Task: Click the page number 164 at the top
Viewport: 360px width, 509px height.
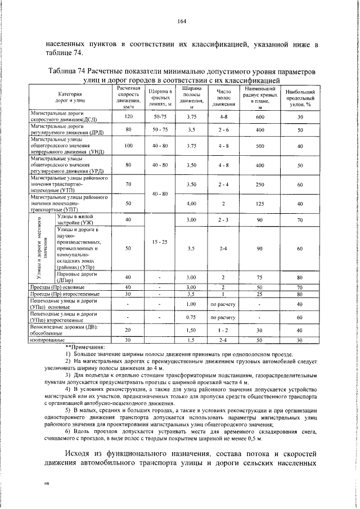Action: [x=182, y=22]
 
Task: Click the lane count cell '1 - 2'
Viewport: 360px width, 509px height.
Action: [x=223, y=330]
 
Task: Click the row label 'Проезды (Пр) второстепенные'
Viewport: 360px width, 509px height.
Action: [x=65, y=294]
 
